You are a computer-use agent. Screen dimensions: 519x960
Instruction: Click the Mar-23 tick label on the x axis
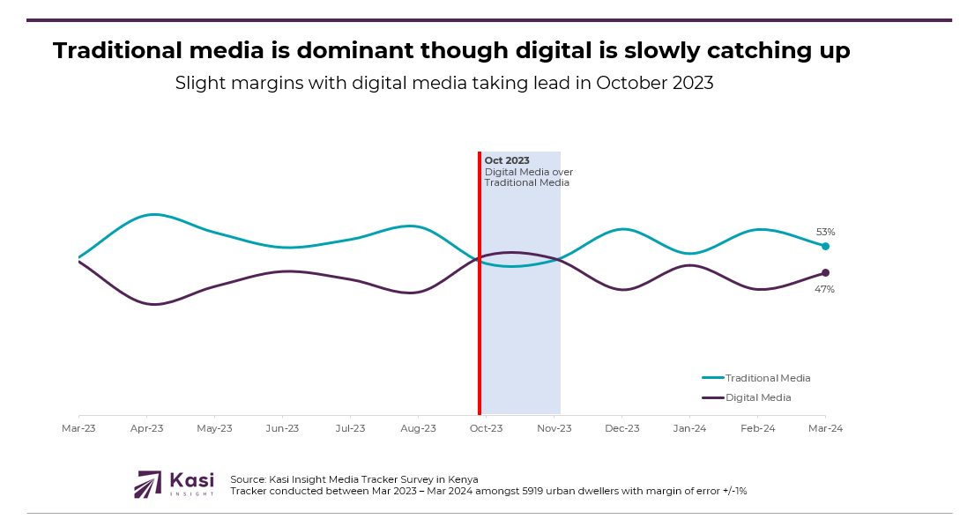click(78, 428)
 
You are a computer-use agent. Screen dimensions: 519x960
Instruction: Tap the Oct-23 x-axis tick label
click(486, 428)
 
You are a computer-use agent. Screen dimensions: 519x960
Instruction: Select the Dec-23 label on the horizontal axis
click(621, 428)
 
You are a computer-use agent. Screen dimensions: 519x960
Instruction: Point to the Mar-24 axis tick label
click(825, 428)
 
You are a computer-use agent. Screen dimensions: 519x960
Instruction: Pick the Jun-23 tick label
click(282, 428)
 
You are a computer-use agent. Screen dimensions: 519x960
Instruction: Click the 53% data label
click(825, 232)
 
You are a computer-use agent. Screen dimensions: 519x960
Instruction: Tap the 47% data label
click(824, 289)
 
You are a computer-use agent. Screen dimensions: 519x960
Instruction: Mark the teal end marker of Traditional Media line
click(825, 246)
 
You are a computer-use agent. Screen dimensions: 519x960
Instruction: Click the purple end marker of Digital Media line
click(825, 272)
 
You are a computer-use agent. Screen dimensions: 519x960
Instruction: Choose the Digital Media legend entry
click(757, 397)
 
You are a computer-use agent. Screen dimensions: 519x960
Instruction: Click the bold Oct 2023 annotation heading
click(507, 160)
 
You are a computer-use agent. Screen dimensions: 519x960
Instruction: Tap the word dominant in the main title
click(353, 51)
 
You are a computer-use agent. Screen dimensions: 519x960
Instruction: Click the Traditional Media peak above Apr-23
click(154, 214)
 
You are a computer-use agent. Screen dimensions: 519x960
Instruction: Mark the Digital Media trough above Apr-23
click(154, 305)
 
